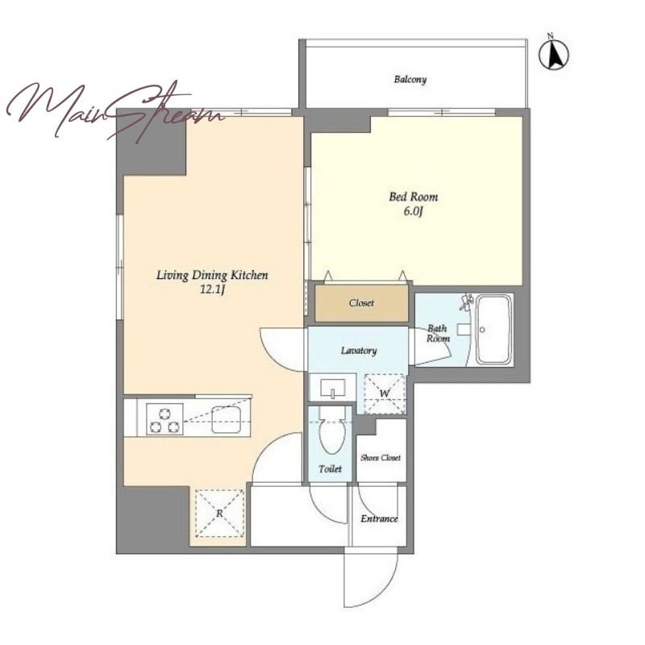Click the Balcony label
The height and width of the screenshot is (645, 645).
click(x=410, y=79)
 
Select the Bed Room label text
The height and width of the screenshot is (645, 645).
click(x=414, y=197)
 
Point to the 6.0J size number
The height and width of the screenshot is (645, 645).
click(x=414, y=212)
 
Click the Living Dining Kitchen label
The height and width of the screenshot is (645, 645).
click(x=212, y=275)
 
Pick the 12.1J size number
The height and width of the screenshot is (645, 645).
click(x=212, y=290)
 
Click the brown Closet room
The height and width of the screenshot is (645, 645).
click(x=361, y=303)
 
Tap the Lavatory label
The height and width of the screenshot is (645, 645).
click(x=359, y=351)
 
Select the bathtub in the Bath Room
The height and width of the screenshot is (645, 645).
click(x=494, y=330)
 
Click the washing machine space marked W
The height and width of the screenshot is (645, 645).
click(x=385, y=393)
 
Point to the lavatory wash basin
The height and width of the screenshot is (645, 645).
click(x=333, y=388)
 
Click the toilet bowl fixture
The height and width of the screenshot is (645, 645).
click(x=331, y=430)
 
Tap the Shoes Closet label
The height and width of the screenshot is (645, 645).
click(x=381, y=457)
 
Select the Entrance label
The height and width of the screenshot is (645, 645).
click(x=379, y=518)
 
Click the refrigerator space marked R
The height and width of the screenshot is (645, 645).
click(x=219, y=514)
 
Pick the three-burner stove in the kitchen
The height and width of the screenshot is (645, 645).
click(x=164, y=419)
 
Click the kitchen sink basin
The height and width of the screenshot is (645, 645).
click(x=227, y=419)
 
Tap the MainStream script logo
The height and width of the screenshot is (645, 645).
click(x=115, y=110)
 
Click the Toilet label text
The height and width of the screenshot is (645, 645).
click(x=331, y=468)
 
